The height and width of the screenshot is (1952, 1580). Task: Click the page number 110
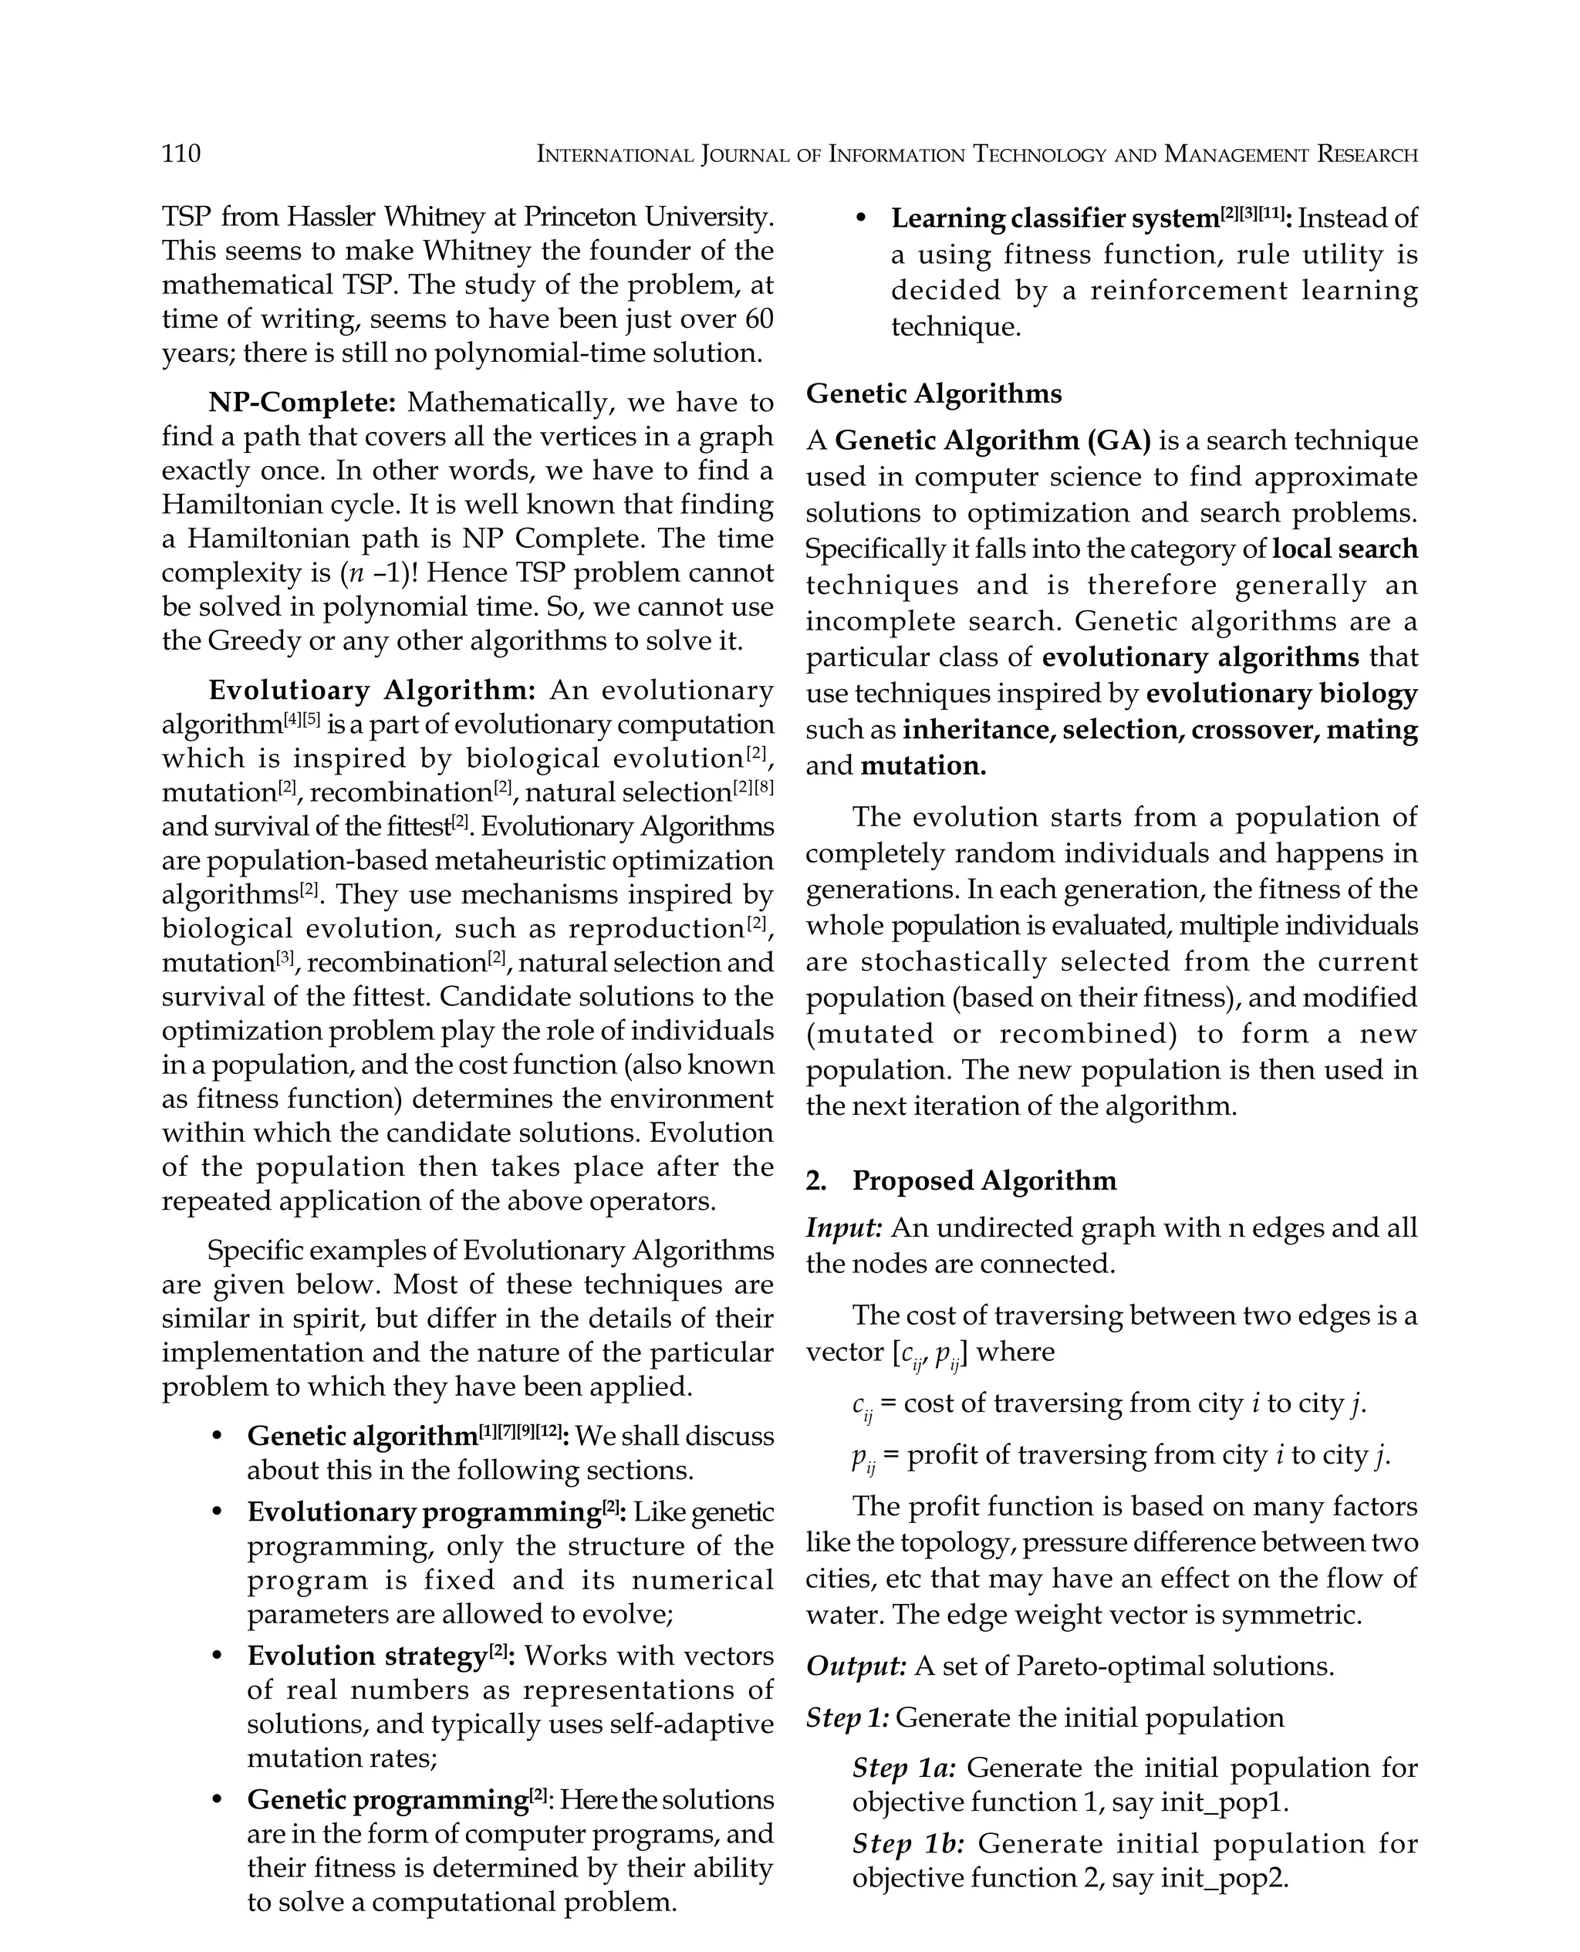click(181, 153)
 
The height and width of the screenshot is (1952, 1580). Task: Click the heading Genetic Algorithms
click(933, 394)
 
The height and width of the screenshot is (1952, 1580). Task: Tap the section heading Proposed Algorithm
click(984, 1180)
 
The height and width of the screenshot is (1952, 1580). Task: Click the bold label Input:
click(844, 1228)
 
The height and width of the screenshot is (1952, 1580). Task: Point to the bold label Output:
click(856, 1667)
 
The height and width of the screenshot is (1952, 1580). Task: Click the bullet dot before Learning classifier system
click(861, 219)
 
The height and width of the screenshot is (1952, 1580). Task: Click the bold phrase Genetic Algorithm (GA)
click(992, 441)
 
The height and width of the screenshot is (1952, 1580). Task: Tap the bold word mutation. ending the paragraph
click(923, 765)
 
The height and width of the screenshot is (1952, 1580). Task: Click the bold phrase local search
click(1344, 549)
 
